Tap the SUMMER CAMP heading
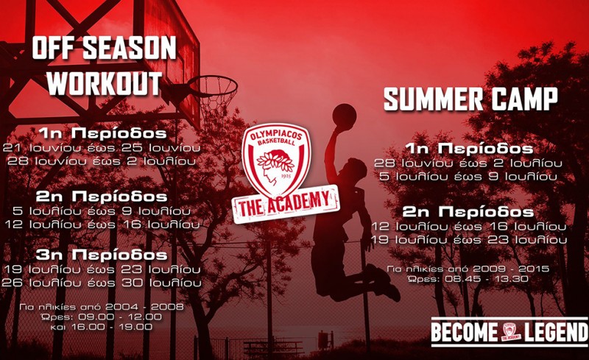pyautogui.click(x=470, y=99)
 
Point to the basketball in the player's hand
pyautogui.click(x=344, y=114)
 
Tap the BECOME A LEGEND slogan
pyautogui.click(x=509, y=333)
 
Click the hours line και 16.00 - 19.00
pyautogui.click(x=107, y=325)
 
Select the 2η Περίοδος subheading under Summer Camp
pyautogui.click(x=470, y=212)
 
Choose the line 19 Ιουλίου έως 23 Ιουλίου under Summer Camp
pyautogui.click(x=470, y=240)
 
